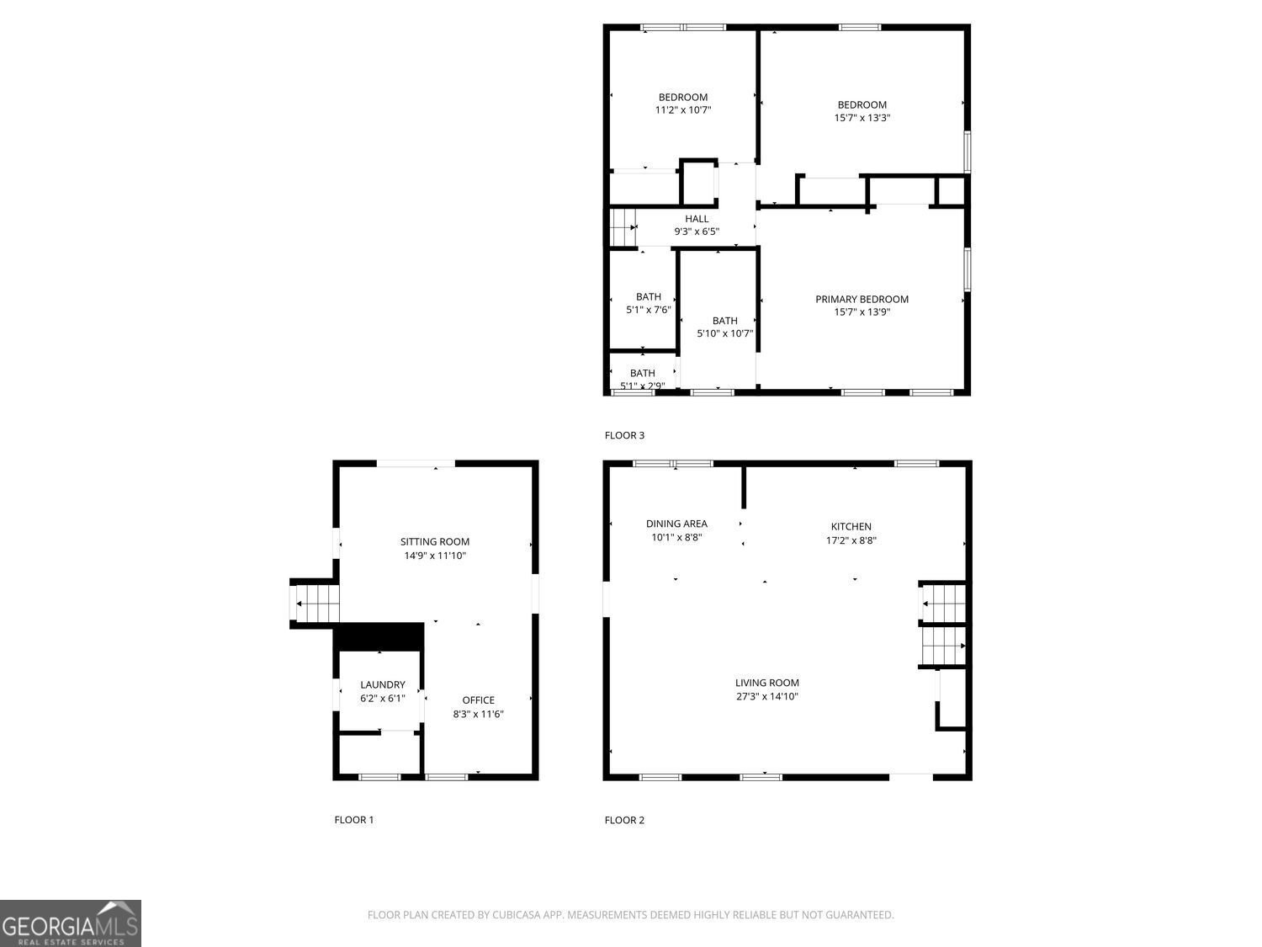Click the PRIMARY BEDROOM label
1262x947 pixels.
pyautogui.click(x=862, y=299)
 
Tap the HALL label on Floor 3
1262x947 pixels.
pyautogui.click(x=697, y=219)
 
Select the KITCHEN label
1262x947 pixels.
pyautogui.click(x=851, y=526)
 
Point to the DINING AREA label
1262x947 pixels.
pyautogui.click(x=676, y=524)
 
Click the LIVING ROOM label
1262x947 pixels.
pyautogui.click(x=766, y=683)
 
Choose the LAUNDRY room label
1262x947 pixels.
pyautogui.click(x=382, y=684)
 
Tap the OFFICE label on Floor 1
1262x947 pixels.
pyautogui.click(x=478, y=700)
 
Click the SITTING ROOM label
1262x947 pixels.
pyautogui.click(x=435, y=541)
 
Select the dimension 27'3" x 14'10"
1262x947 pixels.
pyautogui.click(x=766, y=696)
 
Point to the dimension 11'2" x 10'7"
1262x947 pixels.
pyautogui.click(x=682, y=109)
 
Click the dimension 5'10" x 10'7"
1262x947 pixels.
pyautogui.click(x=724, y=333)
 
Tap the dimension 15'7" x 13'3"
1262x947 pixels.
pyautogui.click(x=862, y=117)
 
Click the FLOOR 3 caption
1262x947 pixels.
pyautogui.click(x=623, y=435)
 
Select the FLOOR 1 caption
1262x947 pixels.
pyautogui.click(x=353, y=819)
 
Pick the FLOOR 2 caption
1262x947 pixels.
pyautogui.click(x=623, y=820)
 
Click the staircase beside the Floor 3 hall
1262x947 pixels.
pyautogui.click(x=623, y=227)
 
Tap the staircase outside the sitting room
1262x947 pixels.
pyautogui.click(x=315, y=604)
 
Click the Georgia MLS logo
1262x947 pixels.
pyautogui.click(x=70, y=923)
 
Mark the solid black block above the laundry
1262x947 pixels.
pyautogui.click(x=379, y=636)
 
